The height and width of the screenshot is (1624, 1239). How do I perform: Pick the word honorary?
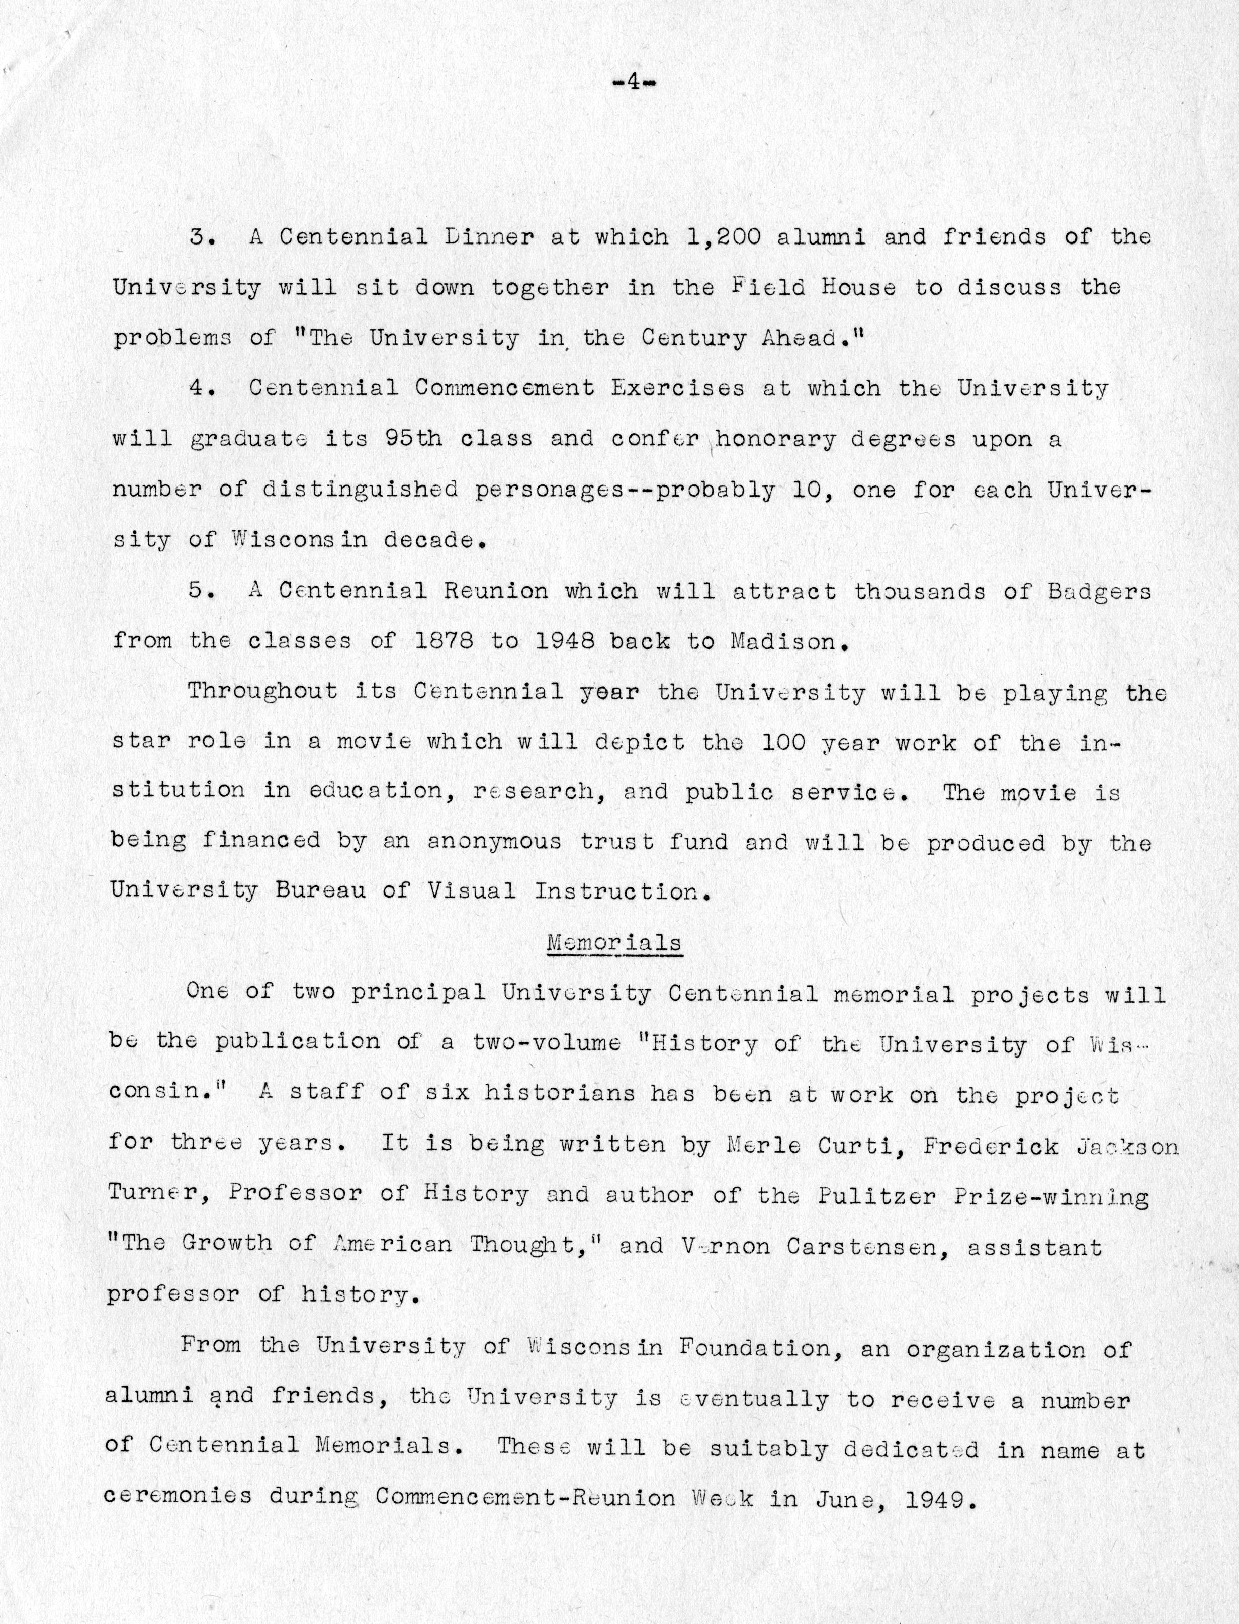pos(775,440)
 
